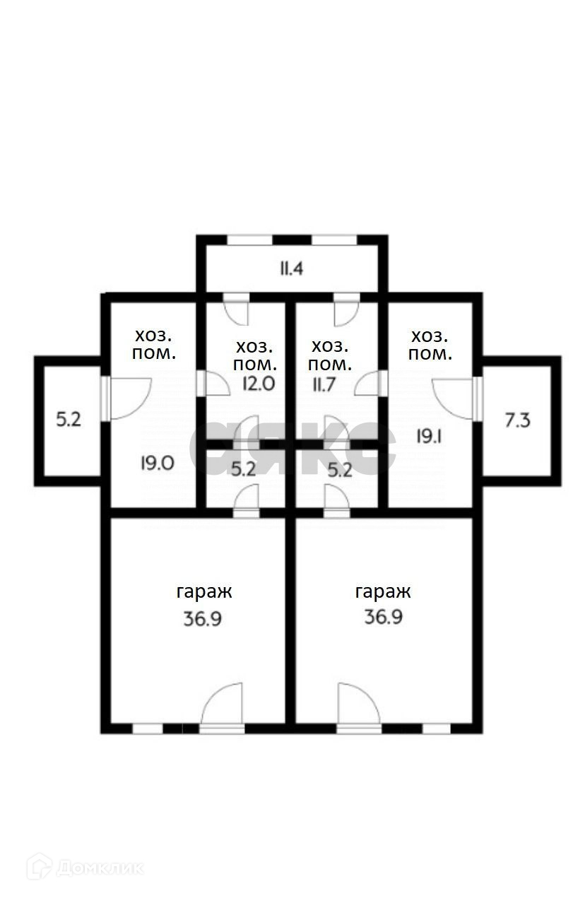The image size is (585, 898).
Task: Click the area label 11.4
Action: coord(291,268)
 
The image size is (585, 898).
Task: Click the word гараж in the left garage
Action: coord(203,591)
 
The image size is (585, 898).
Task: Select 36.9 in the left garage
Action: coord(203,619)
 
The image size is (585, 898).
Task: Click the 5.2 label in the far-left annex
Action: coord(69,420)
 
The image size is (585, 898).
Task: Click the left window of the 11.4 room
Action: coord(249,241)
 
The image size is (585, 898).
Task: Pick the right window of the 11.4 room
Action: coord(334,241)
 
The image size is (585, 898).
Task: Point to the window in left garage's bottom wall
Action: coord(148,728)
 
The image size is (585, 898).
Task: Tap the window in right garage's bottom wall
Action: coord(437,728)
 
